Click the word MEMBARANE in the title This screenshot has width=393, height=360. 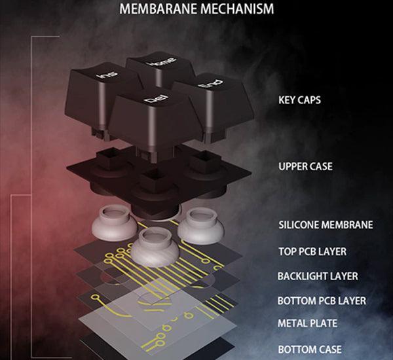pos(158,9)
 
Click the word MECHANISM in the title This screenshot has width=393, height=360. pos(237,9)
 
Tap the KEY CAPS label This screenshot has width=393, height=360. pos(299,100)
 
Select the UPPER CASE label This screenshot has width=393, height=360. pos(305,166)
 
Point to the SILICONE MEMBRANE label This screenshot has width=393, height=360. pos(326,225)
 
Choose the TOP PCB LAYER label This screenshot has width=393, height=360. pos(312,251)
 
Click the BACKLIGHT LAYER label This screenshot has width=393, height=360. pos(318,276)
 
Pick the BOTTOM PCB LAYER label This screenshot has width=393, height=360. pos(322,300)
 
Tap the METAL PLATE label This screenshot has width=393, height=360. pos(307,323)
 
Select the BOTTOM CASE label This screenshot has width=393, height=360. pos(310,350)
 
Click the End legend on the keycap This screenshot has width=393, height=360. pos(210,84)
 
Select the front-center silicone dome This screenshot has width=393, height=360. pos(155,247)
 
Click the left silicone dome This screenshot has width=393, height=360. pos(114,223)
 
